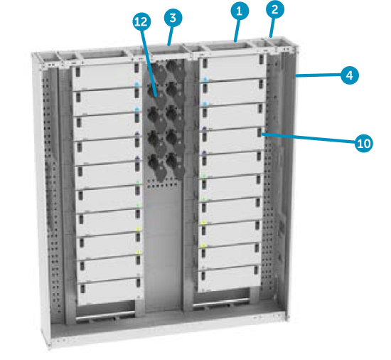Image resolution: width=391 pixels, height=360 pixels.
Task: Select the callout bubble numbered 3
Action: coord(172,17)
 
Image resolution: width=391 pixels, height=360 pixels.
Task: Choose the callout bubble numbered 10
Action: coord(363,143)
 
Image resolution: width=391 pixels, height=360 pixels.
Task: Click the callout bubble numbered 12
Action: coord(141,22)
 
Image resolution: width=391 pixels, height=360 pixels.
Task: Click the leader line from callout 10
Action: coord(313,139)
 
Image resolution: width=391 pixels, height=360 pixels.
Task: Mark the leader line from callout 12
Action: coord(145,57)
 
